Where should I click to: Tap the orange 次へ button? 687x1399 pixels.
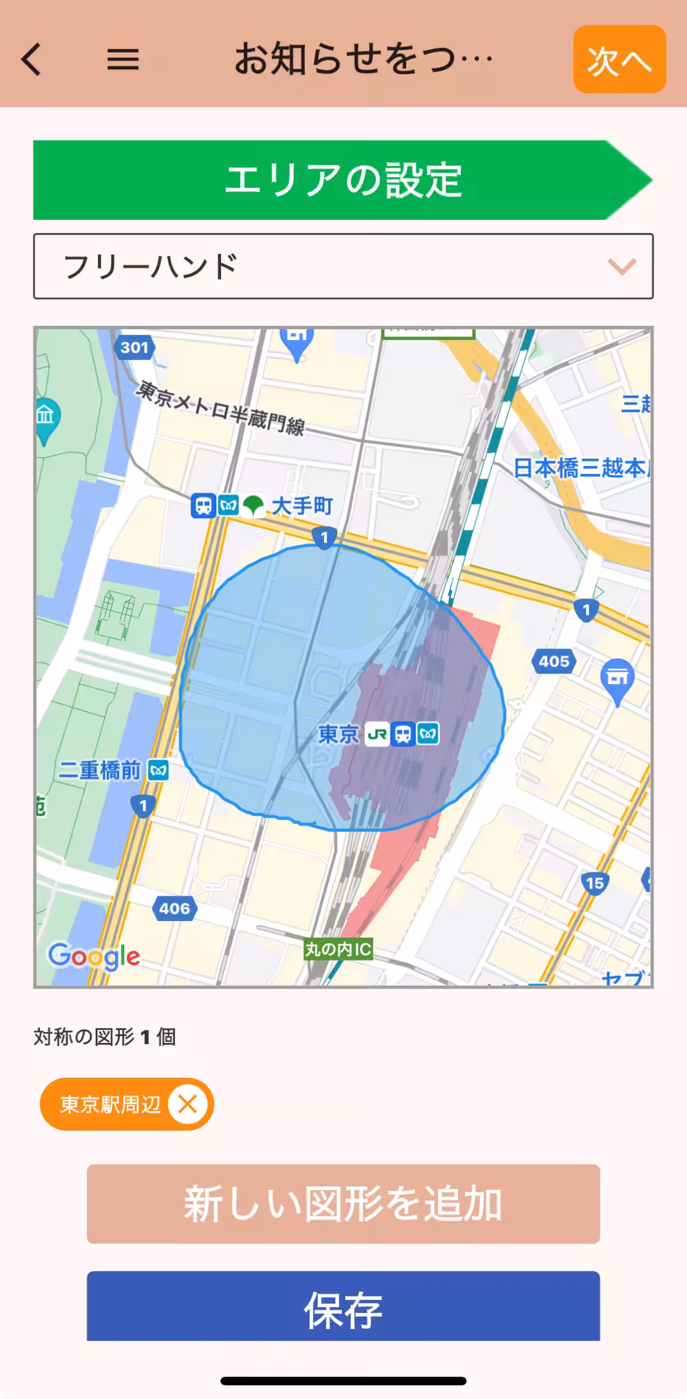point(619,60)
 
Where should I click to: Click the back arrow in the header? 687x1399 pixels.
point(32,60)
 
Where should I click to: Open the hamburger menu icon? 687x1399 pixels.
point(123,60)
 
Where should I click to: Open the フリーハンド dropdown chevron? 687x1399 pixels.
point(622,266)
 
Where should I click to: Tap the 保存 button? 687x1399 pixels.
point(343,1310)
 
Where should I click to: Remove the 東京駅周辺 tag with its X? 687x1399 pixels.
point(187,1104)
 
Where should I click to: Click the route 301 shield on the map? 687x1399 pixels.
point(135,347)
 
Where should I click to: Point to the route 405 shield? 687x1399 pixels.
point(554,662)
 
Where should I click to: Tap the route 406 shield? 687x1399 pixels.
point(175,908)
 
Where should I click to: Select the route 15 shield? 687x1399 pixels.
point(595,883)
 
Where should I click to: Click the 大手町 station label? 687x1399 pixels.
point(302,506)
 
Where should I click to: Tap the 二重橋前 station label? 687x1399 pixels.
point(100,770)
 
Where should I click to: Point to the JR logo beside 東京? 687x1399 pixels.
point(377,734)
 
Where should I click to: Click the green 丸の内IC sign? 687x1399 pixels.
point(338,950)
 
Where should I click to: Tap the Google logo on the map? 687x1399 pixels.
point(94,957)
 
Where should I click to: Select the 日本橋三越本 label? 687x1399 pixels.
point(580,468)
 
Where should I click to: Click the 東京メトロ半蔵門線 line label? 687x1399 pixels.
point(221,408)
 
